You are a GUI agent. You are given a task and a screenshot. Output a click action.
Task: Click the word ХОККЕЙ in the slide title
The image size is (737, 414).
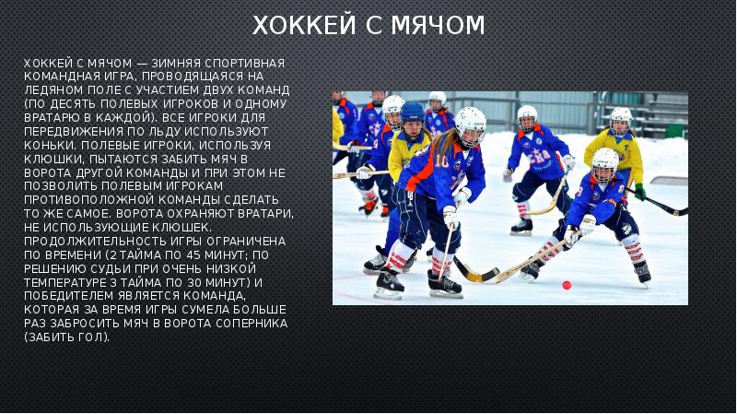[x=294, y=26]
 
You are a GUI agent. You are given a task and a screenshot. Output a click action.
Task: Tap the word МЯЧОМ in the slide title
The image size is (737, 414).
[x=437, y=26]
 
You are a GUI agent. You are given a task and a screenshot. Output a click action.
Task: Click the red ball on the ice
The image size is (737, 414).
[x=567, y=285]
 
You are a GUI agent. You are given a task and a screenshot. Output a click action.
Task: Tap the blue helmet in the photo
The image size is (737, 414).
[x=413, y=112]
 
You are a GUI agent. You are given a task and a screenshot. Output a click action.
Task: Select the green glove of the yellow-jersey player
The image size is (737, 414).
[x=639, y=191]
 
